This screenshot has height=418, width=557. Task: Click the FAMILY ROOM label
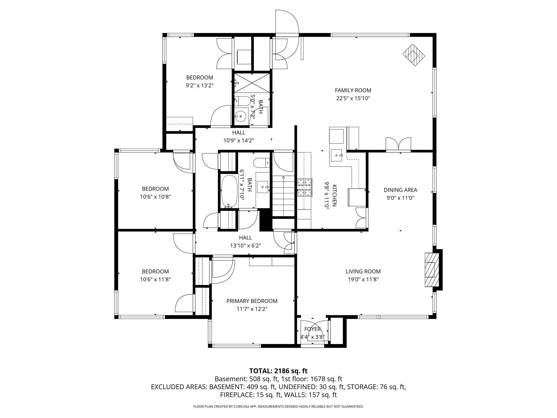pyautogui.click(x=353, y=90)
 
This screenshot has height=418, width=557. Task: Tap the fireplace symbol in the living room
pyautogui.click(x=432, y=270)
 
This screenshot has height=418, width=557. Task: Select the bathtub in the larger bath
pyautogui.click(x=229, y=191)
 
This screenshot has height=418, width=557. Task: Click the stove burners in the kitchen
pyautogui.click(x=305, y=188)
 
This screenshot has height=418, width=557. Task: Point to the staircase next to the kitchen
pyautogui.click(x=283, y=196)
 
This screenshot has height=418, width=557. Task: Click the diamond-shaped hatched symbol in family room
pyautogui.click(x=414, y=55)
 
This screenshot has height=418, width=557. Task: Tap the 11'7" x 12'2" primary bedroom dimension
pyautogui.click(x=252, y=309)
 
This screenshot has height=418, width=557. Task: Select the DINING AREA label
pyautogui.click(x=400, y=190)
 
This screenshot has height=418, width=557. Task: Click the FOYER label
pyautogui.click(x=312, y=329)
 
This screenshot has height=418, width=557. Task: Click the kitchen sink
pyautogui.click(x=336, y=155)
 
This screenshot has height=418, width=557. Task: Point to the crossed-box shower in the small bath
pyautogui.click(x=252, y=83)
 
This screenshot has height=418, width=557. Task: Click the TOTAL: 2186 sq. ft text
pyautogui.click(x=278, y=371)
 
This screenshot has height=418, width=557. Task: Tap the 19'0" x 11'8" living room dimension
pyautogui.click(x=363, y=279)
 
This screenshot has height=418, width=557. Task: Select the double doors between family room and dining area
pyautogui.click(x=398, y=144)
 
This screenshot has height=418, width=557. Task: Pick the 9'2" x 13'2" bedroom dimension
pyautogui.click(x=199, y=85)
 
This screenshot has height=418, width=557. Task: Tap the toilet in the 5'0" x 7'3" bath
pyautogui.click(x=243, y=101)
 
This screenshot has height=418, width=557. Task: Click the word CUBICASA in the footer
pyautogui.click(x=242, y=407)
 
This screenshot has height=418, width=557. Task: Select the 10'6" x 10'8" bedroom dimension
pyautogui.click(x=155, y=197)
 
